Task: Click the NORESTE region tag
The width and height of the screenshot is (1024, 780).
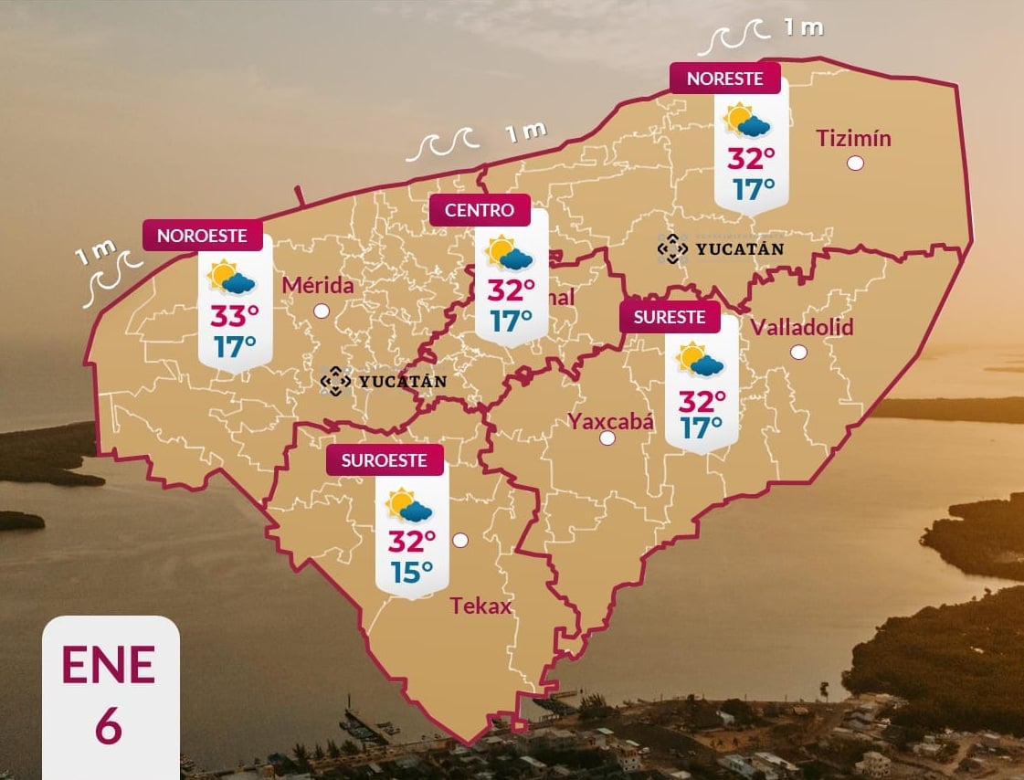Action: pos(724,79)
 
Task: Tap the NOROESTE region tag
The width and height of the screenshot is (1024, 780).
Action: pos(202,236)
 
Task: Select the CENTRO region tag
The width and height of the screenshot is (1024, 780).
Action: pos(480,210)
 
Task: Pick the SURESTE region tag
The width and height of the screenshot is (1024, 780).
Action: pos(670,317)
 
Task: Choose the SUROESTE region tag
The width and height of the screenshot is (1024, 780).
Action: pos(385,460)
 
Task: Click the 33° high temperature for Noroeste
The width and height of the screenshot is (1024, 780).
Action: pos(235,316)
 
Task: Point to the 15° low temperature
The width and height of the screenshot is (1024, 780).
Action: pos(412,573)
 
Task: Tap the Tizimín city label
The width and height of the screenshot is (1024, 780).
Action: pos(853,139)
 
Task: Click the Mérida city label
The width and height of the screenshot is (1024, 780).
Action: pos(317,286)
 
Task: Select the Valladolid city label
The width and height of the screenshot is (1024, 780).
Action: pos(801,327)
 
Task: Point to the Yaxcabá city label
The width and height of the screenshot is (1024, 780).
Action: pos(611,421)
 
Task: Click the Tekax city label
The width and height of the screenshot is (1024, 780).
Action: pos(480,606)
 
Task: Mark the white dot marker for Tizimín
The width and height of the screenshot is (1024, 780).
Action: pos(856,163)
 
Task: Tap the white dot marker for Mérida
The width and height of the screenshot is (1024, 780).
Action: pos(322,311)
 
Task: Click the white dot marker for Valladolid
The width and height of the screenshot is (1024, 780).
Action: pos(799,352)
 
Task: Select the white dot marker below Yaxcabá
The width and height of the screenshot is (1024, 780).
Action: pos(607,438)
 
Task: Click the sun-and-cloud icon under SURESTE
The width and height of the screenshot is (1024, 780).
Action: pos(700,359)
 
